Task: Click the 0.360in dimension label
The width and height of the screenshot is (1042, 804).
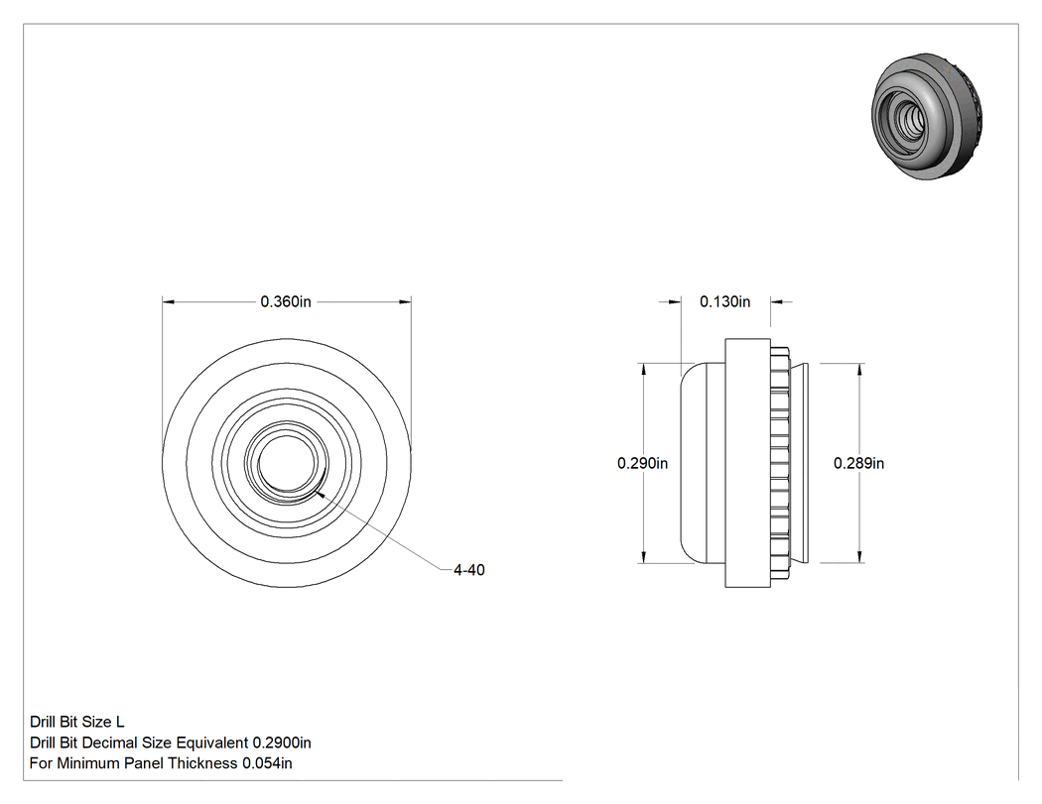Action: [x=286, y=302]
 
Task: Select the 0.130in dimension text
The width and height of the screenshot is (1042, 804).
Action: [x=725, y=302]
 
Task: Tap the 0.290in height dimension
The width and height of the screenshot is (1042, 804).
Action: [x=643, y=463]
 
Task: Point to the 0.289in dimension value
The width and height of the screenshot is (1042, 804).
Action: [x=858, y=463]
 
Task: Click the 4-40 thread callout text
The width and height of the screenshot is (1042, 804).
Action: [x=469, y=570]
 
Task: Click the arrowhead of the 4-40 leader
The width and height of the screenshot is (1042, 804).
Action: [x=319, y=494]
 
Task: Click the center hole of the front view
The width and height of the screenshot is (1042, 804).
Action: [x=285, y=463]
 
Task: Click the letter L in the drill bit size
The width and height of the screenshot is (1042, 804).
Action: [x=120, y=722]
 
